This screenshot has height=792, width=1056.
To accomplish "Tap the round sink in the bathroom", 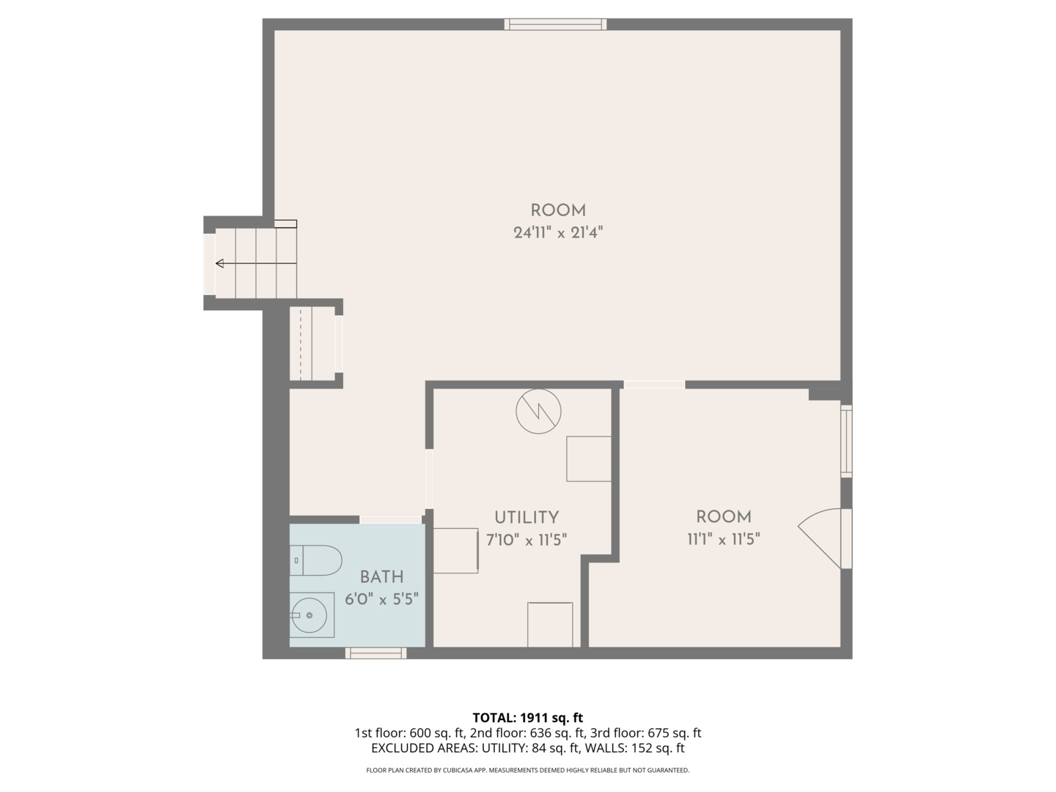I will pos(310,615).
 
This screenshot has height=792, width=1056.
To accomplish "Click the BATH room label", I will pos(381,577).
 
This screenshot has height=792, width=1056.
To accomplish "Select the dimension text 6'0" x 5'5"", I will pos(381,599).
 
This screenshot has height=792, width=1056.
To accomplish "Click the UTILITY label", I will pos(526,517).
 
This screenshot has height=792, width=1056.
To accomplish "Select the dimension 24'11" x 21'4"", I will pos(558,233).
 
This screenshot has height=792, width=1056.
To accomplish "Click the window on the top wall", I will pos(555,24).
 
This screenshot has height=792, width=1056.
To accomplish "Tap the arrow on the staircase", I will pos(220,263).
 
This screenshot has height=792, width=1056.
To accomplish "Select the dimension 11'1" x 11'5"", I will pos(723,540).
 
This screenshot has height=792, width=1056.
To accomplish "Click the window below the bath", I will pos(376,653).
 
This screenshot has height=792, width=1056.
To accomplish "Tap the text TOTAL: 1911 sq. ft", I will pos(527,718).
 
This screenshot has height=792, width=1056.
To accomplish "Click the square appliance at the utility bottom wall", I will pos(550,624).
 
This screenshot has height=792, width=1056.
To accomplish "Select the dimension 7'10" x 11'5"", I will pos(526,540).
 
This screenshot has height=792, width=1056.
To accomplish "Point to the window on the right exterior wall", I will pos(846,440).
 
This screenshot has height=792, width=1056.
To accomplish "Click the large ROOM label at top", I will pos(558,210).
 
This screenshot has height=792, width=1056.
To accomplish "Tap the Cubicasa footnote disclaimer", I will pos(527,771).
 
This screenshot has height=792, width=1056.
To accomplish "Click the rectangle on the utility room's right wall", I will pos(589,459).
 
